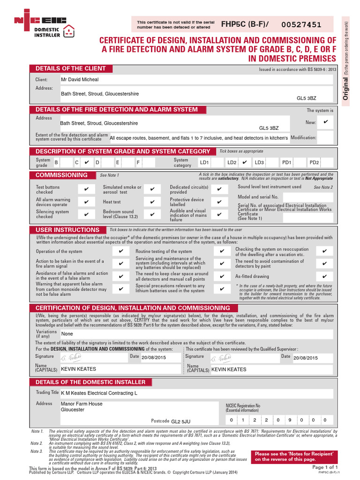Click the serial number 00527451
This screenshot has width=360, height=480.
[x=301, y=25]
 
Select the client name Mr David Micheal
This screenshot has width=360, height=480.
[x=80, y=80]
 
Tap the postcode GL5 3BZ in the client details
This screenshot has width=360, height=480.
[x=307, y=99]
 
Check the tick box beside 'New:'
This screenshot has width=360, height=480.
[x=326, y=122]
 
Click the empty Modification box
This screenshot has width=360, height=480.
[x=326, y=137]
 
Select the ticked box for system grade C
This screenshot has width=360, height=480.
[x=87, y=162]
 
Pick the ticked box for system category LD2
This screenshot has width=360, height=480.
[x=244, y=162]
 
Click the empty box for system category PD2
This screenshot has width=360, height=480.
[x=327, y=162]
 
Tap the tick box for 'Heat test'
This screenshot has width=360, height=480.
[x=152, y=202]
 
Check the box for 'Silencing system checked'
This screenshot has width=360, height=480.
[x=86, y=214]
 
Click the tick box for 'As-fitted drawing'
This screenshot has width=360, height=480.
[x=325, y=277]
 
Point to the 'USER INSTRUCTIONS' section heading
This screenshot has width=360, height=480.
[x=67, y=230]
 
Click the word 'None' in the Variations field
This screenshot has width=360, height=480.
[x=67, y=334]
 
